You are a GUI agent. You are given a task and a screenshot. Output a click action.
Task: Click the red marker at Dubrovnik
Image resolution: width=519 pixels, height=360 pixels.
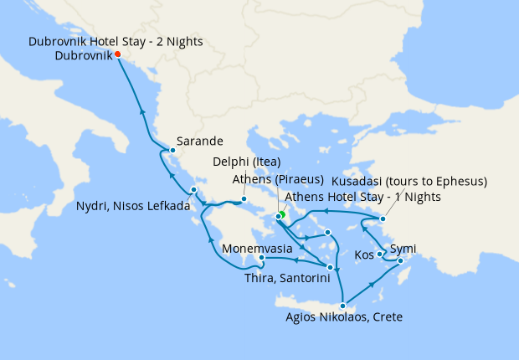tap(117, 55)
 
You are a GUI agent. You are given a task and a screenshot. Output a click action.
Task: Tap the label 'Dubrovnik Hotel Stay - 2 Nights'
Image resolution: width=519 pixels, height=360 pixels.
tap(116, 41)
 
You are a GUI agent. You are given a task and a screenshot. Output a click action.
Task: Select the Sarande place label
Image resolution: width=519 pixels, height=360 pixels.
tap(198, 142)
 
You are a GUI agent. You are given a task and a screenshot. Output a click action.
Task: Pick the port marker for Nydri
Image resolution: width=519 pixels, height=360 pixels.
tap(193, 190)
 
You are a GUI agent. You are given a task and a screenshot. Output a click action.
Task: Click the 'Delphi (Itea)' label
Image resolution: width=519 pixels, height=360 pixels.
tap(246, 162)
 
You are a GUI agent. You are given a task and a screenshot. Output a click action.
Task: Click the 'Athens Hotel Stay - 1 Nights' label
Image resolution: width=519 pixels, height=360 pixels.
tap(362, 197)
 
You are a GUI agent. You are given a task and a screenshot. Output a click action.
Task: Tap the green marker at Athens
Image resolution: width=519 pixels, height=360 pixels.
tap(282, 214)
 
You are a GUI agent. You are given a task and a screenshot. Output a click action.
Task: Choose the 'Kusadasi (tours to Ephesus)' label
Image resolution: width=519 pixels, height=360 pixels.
tap(421, 181)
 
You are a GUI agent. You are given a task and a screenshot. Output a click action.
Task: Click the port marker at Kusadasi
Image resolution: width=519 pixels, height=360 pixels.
tap(383, 219)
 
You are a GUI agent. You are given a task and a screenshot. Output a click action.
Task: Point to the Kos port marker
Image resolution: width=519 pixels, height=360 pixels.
tap(381, 254)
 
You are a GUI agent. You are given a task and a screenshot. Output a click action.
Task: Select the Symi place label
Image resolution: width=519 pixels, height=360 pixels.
tap(403, 249)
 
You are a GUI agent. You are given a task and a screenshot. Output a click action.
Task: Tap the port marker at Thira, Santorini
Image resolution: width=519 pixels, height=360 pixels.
tap(331, 268)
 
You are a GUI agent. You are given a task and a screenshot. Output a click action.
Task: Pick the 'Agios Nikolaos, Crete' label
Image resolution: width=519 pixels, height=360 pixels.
tap(344, 317)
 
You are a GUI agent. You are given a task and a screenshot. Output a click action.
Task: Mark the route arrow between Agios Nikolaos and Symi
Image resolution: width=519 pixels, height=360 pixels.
tap(372, 286)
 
